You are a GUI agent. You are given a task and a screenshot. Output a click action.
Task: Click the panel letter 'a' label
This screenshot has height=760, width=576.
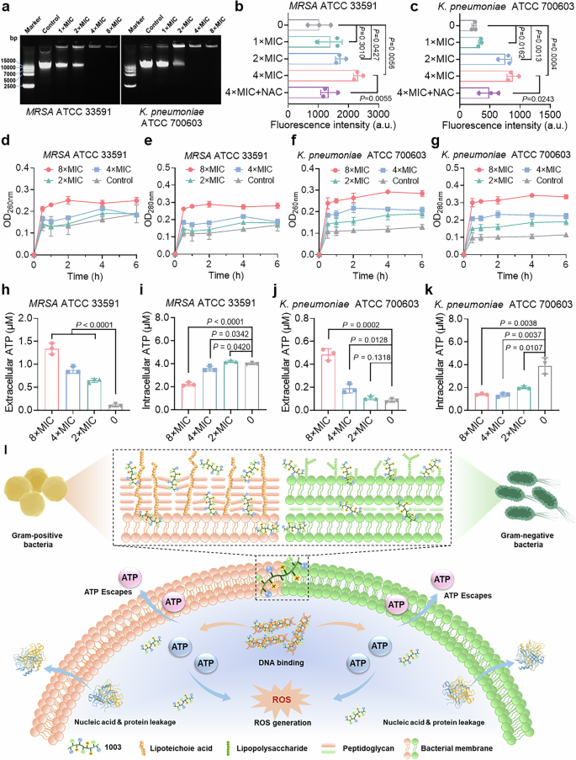pos(7,8)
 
